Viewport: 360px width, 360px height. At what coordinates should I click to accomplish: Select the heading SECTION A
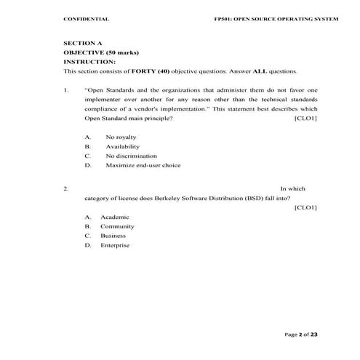pyautogui.click(x=83, y=44)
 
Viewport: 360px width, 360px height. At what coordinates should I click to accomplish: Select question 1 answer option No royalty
pyautogui.click(x=121, y=137)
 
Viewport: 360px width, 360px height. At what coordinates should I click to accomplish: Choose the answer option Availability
pyautogui.click(x=122, y=146)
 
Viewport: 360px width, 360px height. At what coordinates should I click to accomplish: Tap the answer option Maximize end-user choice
pyautogui.click(x=143, y=165)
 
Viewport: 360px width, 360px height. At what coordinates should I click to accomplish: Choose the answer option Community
pyautogui.click(x=117, y=226)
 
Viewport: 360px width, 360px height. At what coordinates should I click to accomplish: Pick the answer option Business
pyautogui.click(x=113, y=236)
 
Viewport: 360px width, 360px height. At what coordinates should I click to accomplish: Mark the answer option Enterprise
pyautogui.click(x=115, y=245)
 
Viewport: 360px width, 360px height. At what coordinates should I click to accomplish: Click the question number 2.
pyautogui.click(x=66, y=188)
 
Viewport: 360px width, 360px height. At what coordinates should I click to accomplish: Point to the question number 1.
pyautogui.click(x=66, y=89)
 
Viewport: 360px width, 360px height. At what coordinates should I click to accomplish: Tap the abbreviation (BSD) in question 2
pyautogui.click(x=232, y=197)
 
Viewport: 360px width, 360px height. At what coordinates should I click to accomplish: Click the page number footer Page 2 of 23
pyautogui.click(x=300, y=334)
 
